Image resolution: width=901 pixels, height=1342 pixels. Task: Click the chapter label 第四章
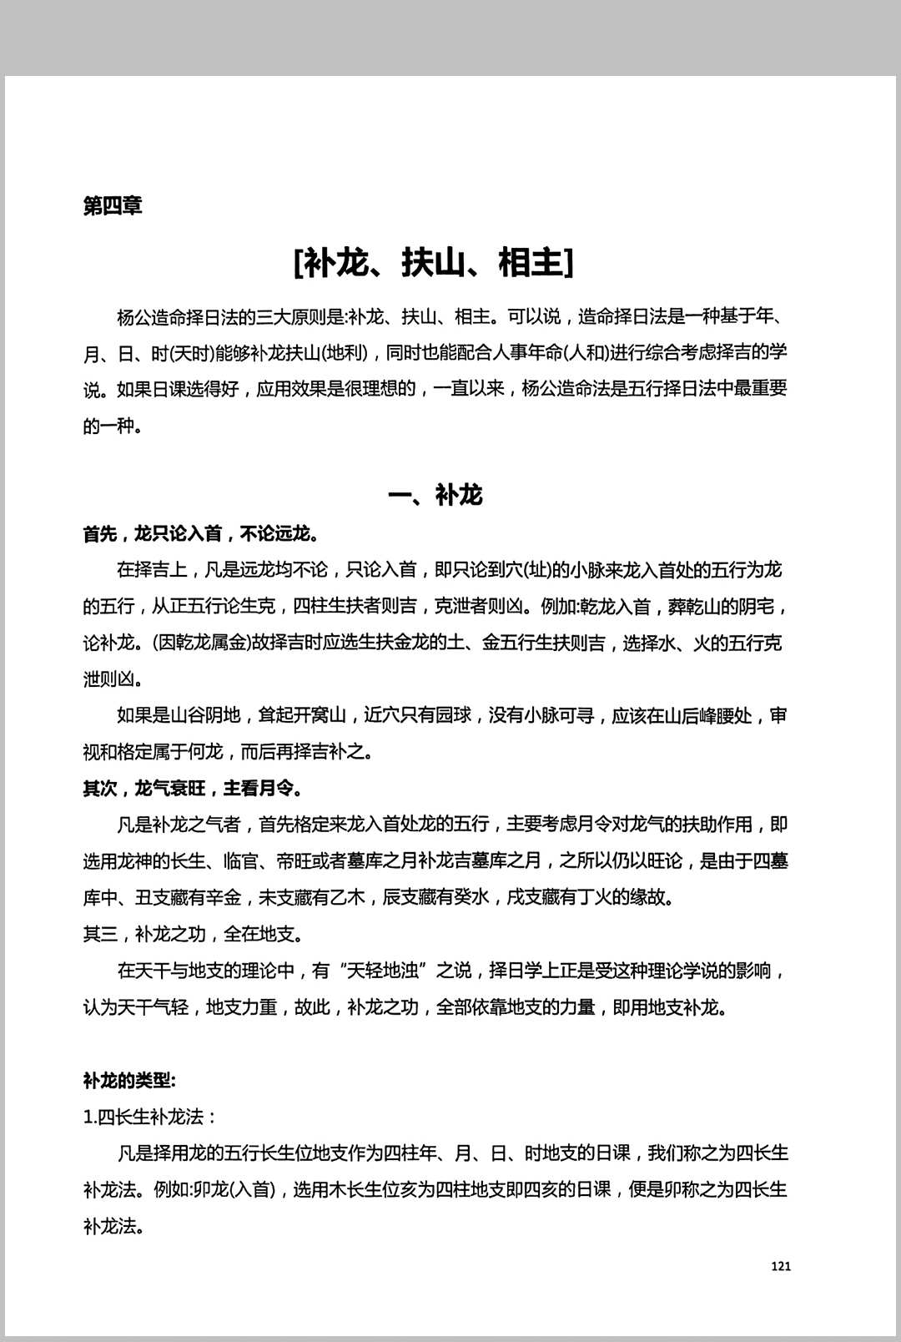113,205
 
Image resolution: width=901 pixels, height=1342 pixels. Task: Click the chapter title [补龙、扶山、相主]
434,262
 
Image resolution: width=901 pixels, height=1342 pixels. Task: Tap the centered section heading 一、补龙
435,495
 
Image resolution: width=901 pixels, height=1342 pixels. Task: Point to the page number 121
780,1266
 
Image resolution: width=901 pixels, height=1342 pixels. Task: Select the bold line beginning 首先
201,533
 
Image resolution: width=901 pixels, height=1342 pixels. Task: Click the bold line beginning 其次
193,788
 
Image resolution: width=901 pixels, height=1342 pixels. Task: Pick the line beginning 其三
193,934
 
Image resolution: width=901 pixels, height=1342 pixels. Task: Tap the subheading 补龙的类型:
129,1081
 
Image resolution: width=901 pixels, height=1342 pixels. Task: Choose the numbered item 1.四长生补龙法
150,1117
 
